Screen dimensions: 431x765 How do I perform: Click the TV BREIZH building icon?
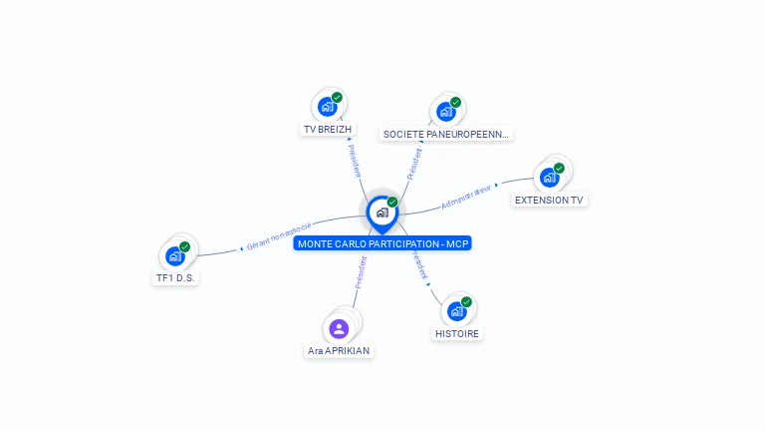point(327,106)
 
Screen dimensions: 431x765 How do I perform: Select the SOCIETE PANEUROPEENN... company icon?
point(445,111)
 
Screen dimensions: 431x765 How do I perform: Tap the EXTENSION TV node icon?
point(549,178)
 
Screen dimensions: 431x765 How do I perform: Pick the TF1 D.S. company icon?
point(175,255)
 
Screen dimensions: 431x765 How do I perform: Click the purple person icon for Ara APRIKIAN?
point(339,328)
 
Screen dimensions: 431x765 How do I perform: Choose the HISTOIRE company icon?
point(457,310)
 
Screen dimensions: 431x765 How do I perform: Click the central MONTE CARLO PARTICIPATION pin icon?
point(382,212)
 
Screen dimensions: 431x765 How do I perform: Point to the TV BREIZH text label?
point(328,130)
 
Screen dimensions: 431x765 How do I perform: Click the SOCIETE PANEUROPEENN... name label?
point(446,134)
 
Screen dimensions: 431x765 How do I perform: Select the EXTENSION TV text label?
point(549,200)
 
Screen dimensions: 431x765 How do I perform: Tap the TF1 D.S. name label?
point(175,278)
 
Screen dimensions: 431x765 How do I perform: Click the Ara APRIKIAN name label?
point(340,351)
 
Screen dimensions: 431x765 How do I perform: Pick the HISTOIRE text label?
point(457,333)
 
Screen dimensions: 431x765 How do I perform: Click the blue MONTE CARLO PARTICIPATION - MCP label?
point(382,243)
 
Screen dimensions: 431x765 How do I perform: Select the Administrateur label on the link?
point(467,196)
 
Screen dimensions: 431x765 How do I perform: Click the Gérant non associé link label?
point(279,235)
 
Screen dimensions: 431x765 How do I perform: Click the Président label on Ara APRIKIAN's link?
point(361,272)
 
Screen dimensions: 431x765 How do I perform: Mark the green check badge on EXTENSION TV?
point(559,168)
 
